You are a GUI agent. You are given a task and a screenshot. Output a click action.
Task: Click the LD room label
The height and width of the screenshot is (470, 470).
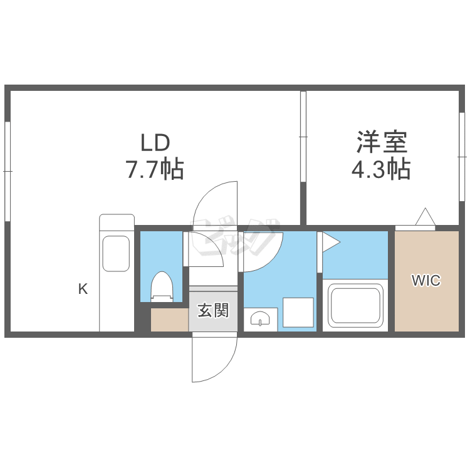click(x=155, y=144)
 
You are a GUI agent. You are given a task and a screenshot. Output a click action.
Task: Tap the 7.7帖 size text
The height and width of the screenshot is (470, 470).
click(x=155, y=169)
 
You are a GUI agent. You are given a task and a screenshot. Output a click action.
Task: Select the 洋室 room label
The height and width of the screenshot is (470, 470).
click(x=382, y=143)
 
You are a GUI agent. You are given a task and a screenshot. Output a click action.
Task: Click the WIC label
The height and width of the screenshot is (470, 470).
click(x=426, y=281)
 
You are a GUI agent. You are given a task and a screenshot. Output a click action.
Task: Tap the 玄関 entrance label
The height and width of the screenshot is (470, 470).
click(x=213, y=310)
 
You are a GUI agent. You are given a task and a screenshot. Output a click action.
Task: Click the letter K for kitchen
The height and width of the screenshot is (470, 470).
click(x=83, y=289)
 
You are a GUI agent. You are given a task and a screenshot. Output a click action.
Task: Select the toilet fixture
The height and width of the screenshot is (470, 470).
click(x=162, y=286)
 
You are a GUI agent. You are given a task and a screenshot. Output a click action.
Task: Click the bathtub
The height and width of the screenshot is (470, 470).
click(x=355, y=307)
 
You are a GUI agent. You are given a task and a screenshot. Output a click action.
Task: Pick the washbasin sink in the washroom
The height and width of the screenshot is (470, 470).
click(x=261, y=320)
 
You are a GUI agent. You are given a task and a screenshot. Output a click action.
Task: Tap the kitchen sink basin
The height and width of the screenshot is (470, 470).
click(x=117, y=253)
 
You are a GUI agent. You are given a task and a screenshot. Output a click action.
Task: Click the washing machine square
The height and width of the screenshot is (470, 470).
click(x=298, y=312)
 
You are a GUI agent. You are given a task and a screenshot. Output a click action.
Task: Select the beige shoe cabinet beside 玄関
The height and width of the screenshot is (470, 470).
click(x=169, y=320)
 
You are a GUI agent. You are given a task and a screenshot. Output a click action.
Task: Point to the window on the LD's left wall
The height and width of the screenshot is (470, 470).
click(x=8, y=170)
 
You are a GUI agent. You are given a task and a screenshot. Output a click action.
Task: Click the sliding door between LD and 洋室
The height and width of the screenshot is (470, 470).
click(x=303, y=137)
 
